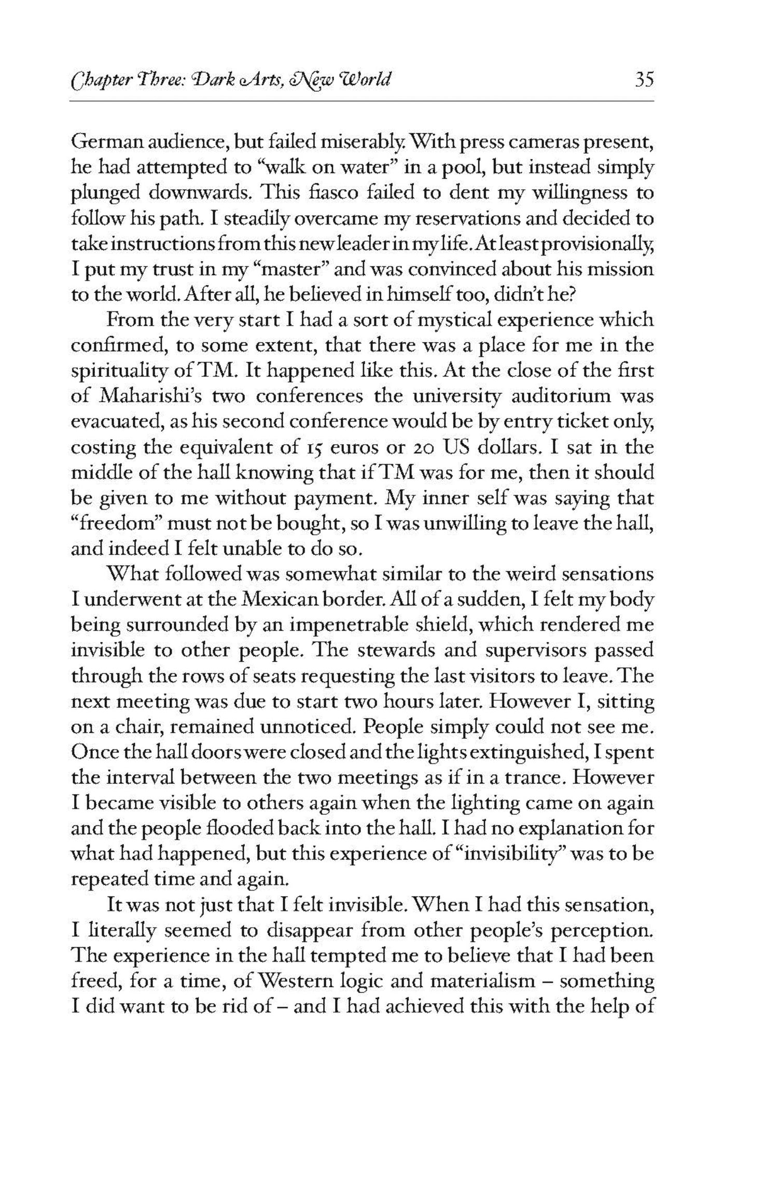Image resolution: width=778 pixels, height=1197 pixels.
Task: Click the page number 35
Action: (x=644, y=81)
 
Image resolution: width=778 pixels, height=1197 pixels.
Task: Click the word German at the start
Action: (x=101, y=143)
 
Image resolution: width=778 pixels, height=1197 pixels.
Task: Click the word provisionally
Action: (x=596, y=245)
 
